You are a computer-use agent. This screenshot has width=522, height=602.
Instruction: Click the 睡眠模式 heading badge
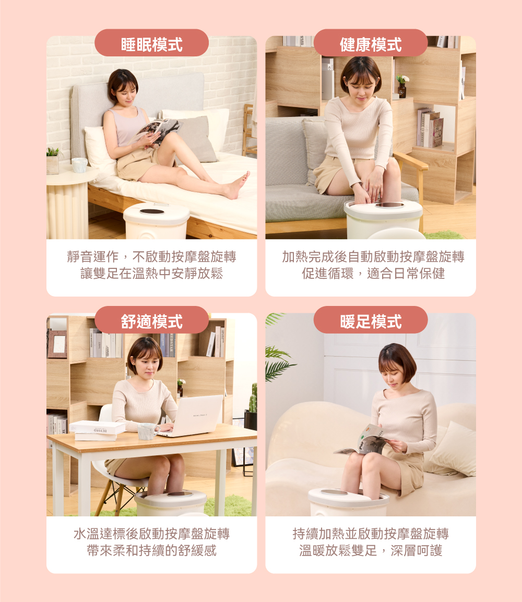point(151,43)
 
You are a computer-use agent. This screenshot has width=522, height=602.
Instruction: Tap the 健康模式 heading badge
point(371,43)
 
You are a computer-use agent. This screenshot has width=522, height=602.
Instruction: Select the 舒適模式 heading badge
point(151,320)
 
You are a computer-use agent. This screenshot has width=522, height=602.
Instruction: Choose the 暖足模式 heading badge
point(371,320)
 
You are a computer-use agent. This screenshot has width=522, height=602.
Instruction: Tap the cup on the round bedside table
point(79,165)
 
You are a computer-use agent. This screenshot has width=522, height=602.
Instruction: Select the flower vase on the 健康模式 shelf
point(402,86)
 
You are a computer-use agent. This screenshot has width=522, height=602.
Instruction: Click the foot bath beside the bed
point(157,221)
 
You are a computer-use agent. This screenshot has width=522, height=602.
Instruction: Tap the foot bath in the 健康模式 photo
point(384,218)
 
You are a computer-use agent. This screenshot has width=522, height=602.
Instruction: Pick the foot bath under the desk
point(171,503)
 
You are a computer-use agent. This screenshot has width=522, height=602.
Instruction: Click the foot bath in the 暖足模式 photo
point(349,502)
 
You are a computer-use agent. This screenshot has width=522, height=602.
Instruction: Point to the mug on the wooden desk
point(148,431)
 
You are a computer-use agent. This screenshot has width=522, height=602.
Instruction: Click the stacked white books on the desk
point(97,431)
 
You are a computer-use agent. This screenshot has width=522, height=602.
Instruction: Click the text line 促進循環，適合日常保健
point(373,274)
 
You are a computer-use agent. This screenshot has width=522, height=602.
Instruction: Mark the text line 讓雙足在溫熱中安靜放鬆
point(151,274)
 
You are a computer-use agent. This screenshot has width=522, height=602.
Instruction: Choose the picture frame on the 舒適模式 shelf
point(57,344)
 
